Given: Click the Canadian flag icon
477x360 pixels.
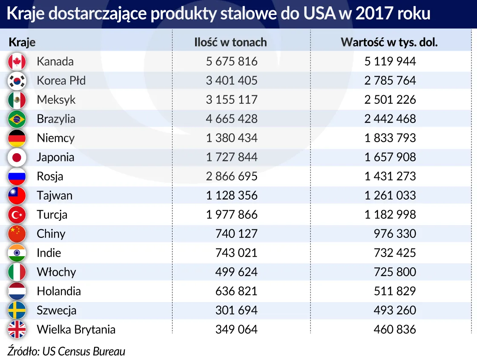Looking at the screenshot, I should point(17,62).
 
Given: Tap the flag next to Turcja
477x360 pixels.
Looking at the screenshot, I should point(17,215).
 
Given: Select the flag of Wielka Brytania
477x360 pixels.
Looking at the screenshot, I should point(17,330).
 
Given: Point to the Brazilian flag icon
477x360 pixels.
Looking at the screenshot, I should point(17,119).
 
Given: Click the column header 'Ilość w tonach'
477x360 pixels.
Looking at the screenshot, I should point(230,42).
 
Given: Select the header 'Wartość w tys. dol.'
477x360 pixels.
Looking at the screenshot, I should point(389,42).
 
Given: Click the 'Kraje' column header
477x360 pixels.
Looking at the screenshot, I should point(22,42).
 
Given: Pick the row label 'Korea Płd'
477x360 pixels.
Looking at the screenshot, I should point(61,80).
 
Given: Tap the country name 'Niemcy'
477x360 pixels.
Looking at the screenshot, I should point(55,138).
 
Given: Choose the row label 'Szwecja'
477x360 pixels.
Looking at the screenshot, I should point(57,310).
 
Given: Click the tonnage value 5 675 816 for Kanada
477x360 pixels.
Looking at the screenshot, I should point(232,61).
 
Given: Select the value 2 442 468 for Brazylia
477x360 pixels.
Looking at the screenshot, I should point(390,119).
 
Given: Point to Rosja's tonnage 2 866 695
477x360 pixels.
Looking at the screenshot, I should point(232,176).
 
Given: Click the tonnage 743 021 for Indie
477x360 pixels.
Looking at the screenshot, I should point(236,253).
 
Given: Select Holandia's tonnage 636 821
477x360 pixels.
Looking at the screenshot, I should point(236,291).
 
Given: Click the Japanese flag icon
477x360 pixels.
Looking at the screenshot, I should point(17,157).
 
